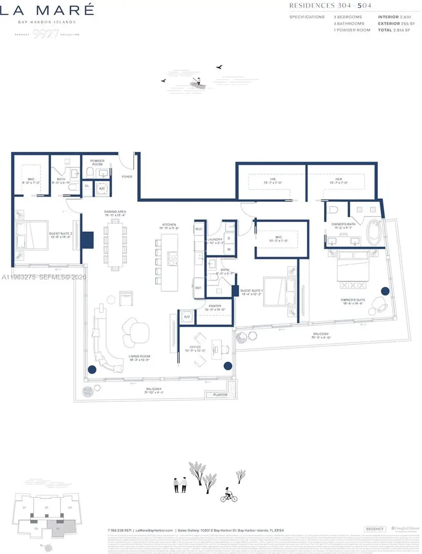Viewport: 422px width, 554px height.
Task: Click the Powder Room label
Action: point(98,163)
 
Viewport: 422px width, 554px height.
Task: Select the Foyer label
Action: point(127,177)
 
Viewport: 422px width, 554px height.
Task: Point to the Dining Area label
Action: point(115,212)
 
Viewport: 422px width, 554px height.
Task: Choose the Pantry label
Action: point(215,305)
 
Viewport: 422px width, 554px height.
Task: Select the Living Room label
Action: point(139,357)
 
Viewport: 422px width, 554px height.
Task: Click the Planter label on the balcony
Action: point(220,395)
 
